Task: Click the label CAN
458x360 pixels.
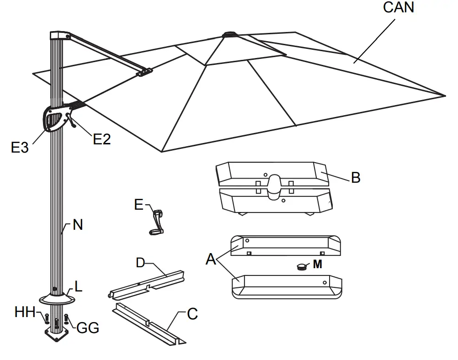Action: (x=399, y=8)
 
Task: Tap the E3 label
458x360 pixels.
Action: (x=20, y=147)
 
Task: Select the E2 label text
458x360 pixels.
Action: (x=102, y=139)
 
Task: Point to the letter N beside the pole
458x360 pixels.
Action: (x=78, y=225)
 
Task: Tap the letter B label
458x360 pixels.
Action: (x=355, y=178)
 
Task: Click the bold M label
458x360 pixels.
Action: (x=317, y=265)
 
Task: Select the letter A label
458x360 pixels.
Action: (x=211, y=259)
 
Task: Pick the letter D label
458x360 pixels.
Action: (x=141, y=263)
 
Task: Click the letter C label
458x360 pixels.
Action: (x=192, y=314)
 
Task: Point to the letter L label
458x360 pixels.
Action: (x=79, y=287)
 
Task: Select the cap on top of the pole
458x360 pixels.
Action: (x=58, y=36)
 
